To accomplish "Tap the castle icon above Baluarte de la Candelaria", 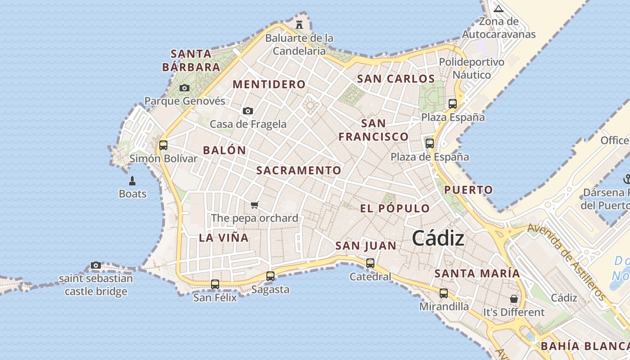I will [x=299, y=24].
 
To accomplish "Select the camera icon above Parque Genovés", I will [x=184, y=88].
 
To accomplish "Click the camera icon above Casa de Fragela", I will [x=248, y=111].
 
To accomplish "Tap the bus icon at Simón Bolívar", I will [x=163, y=145].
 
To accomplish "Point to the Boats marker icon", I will [x=132, y=181].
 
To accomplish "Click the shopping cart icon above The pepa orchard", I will [x=255, y=205].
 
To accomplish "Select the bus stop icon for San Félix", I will [x=215, y=284].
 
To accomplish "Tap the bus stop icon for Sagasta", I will [x=270, y=276].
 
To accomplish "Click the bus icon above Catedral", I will [x=370, y=263].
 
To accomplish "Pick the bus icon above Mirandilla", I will [x=444, y=293].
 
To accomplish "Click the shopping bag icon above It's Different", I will [x=513, y=299].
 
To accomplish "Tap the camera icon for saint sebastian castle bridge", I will [x=96, y=265].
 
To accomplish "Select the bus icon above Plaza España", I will [x=453, y=104].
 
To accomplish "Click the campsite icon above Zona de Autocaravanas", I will [x=499, y=9].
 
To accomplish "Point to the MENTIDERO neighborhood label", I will [x=269, y=84].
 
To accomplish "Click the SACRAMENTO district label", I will [x=299, y=170].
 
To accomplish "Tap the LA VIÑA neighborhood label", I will [x=224, y=238].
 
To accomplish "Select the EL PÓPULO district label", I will [x=395, y=208].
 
